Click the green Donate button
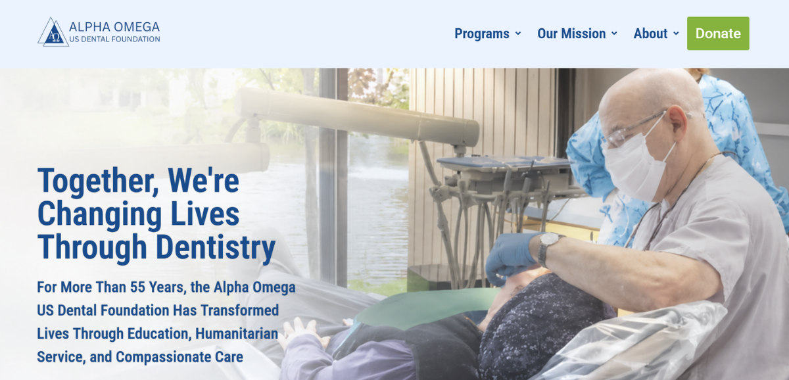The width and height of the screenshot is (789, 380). (x=718, y=34)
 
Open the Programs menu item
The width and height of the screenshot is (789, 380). (x=481, y=34)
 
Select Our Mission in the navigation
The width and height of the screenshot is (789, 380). (x=571, y=34)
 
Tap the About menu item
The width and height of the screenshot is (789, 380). (x=650, y=34)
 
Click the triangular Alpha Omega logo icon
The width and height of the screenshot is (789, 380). (x=53, y=32)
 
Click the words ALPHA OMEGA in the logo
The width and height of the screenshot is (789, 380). (x=114, y=27)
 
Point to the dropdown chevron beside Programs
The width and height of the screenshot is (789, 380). (x=518, y=34)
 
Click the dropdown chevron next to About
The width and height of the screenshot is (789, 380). (x=676, y=34)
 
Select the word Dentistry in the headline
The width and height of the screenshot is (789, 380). (x=215, y=248)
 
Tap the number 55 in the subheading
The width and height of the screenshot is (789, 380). (x=137, y=287)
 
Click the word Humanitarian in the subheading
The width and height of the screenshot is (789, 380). (x=237, y=333)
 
